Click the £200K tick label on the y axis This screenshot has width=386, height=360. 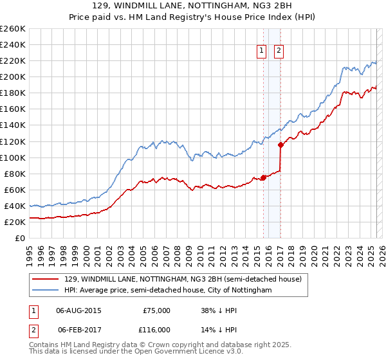click(x=14, y=76)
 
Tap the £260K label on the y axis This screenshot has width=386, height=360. click(x=14, y=28)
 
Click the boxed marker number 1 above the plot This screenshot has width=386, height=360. click(x=262, y=51)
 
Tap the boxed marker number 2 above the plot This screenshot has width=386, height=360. click(x=279, y=51)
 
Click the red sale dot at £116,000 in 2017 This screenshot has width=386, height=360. click(x=280, y=145)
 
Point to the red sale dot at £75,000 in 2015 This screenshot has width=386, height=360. click(x=263, y=178)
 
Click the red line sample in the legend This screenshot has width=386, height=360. click(x=46, y=279)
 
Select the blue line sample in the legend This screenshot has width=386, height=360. click(x=46, y=291)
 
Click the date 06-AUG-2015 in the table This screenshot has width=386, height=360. click(x=79, y=310)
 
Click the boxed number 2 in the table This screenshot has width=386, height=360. click(x=33, y=329)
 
